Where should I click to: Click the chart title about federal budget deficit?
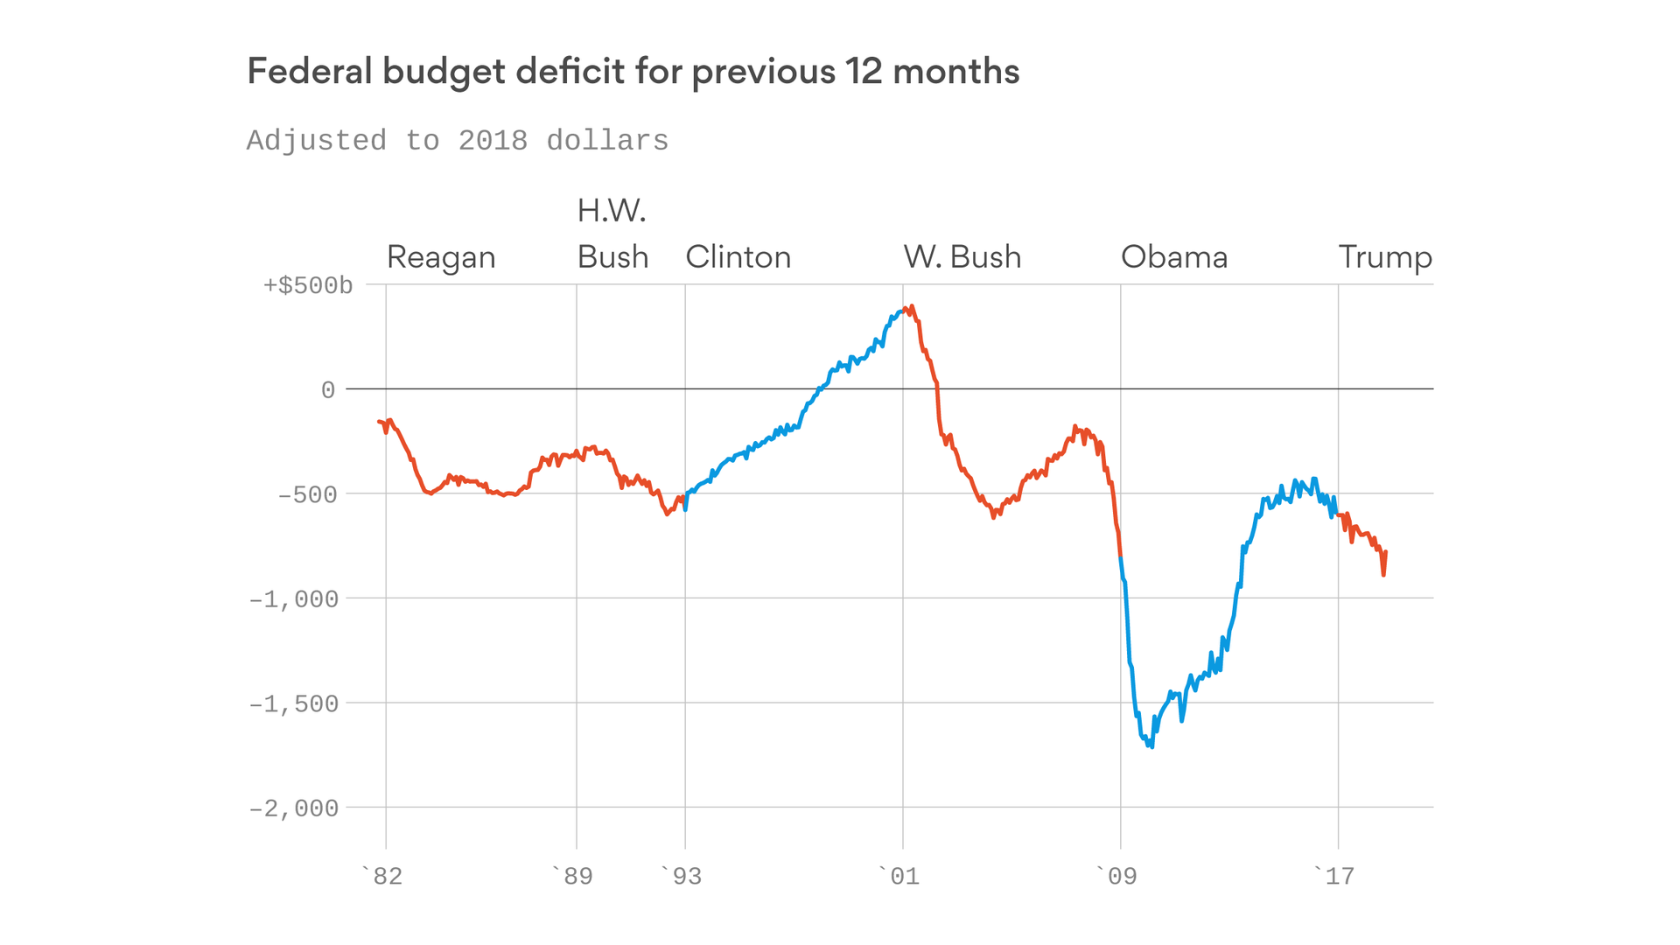pyautogui.click(x=633, y=72)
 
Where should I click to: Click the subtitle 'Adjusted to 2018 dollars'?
pyautogui.click(x=457, y=141)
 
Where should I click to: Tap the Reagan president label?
pyautogui.click(x=441, y=257)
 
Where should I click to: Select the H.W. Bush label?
pyautogui.click(x=612, y=234)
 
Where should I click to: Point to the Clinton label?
pyautogui.click(x=738, y=257)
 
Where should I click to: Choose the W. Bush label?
pyautogui.click(x=962, y=257)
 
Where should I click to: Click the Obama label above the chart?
pyautogui.click(x=1173, y=257)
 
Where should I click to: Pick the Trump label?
pyautogui.click(x=1384, y=257)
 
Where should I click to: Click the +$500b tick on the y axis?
pyautogui.click(x=308, y=286)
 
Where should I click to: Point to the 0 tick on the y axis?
pyautogui.click(x=328, y=390)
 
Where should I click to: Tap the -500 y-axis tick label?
pyautogui.click(x=307, y=495)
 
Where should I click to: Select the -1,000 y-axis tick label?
pyautogui.click(x=293, y=599)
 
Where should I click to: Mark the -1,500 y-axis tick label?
pyautogui.click(x=293, y=704)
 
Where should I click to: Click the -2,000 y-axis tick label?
pyautogui.click(x=293, y=808)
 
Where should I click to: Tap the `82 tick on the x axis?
pyautogui.click(x=381, y=876)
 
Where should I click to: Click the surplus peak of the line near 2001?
pyautogui.click(x=912, y=307)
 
